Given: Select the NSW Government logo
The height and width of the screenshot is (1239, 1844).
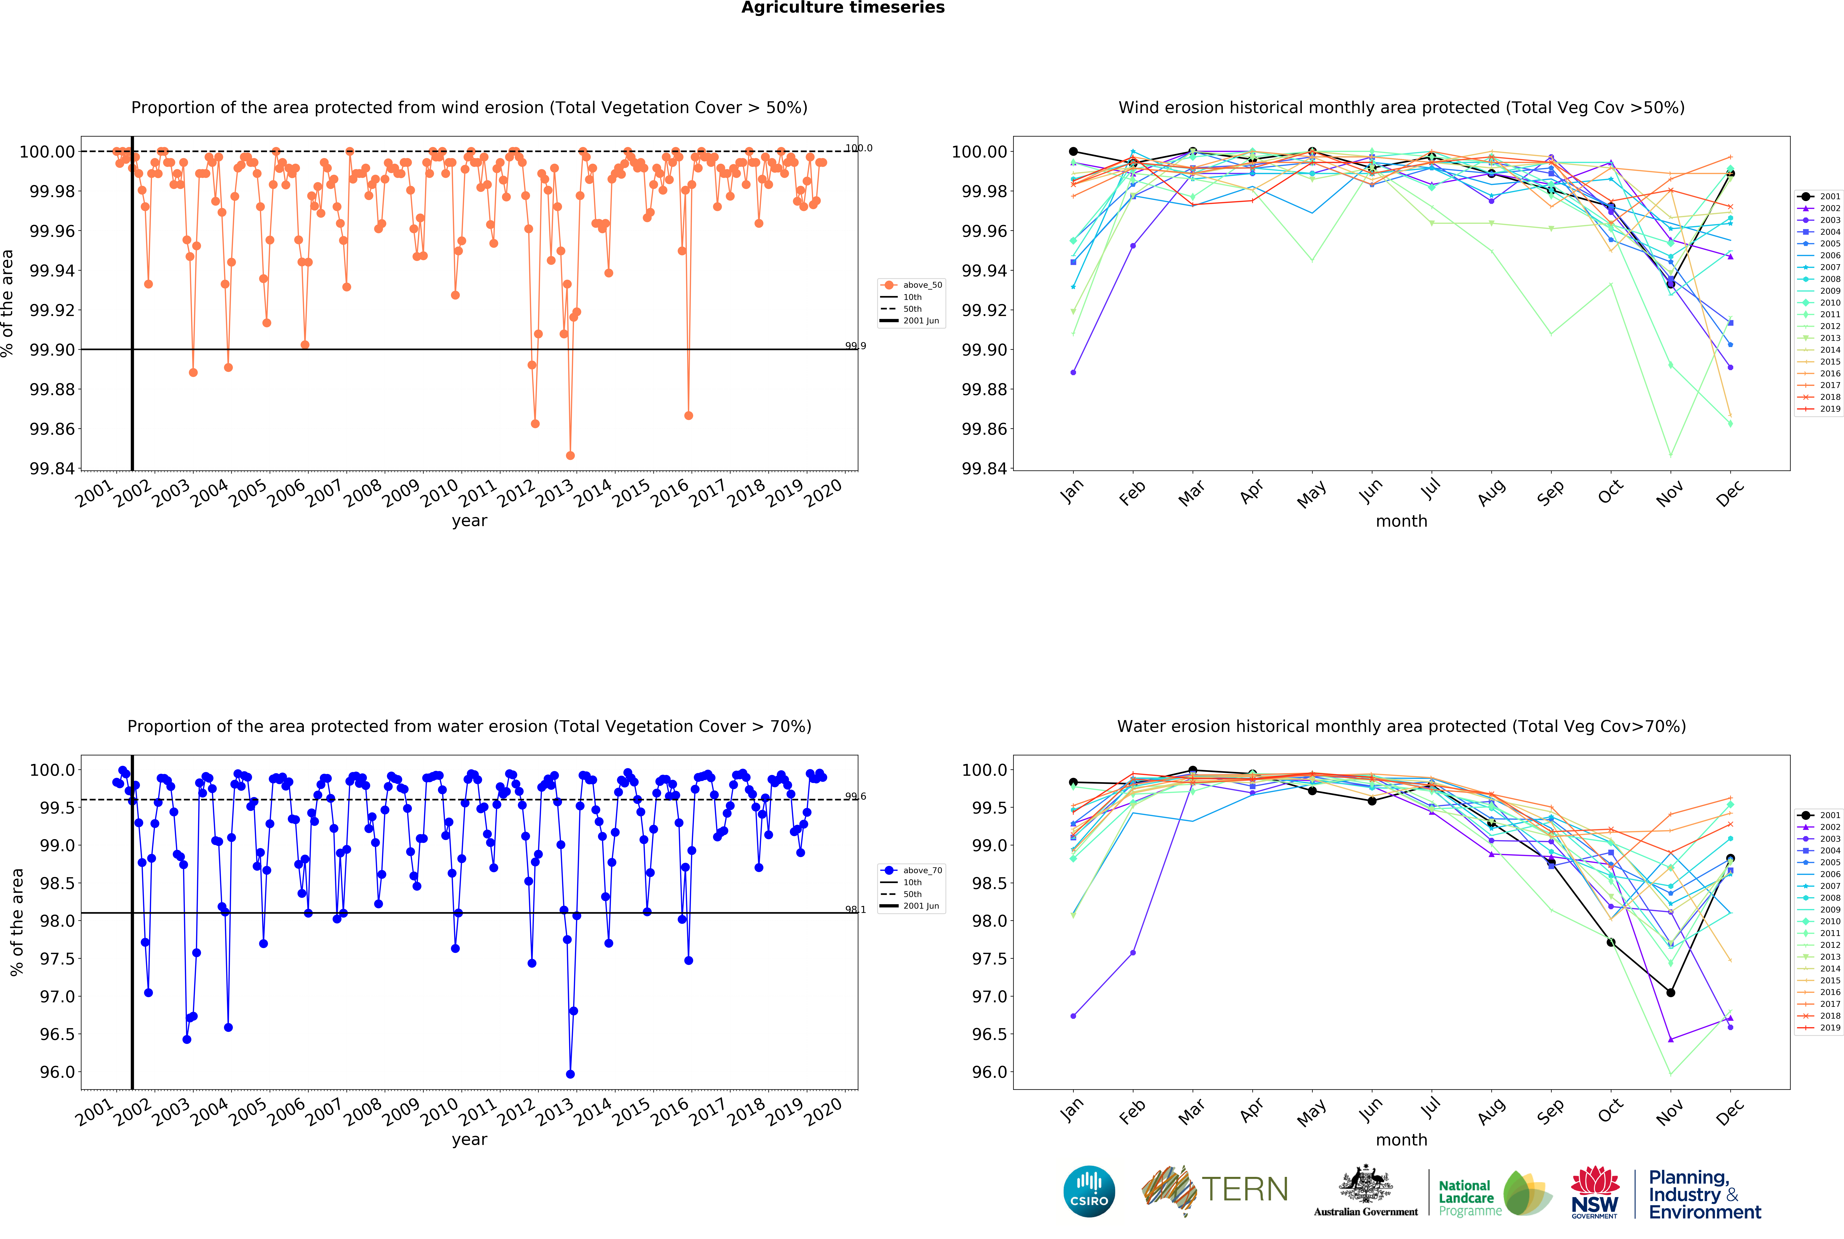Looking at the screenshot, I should (x=1594, y=1192).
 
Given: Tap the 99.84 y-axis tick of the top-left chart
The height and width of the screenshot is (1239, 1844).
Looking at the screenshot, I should (x=52, y=468).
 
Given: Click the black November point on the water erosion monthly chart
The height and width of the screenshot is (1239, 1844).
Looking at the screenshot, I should (x=1670, y=992).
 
